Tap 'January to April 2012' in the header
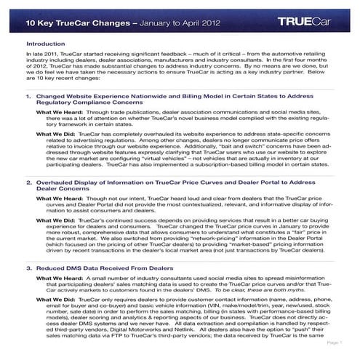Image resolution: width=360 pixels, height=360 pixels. point(180,21)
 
